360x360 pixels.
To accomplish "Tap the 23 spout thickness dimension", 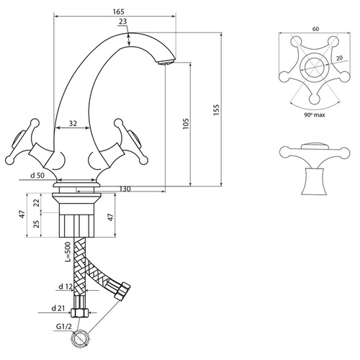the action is point(122,22).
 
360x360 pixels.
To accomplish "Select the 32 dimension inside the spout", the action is point(73,123).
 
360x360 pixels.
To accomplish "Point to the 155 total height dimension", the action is point(217,110).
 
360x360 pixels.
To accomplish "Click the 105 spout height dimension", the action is point(186,124).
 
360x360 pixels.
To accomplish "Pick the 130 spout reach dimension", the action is point(125,189).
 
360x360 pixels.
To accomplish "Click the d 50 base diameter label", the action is point(37,176).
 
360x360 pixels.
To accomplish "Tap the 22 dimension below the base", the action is point(37,203).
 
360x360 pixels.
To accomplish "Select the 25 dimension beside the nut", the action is point(37,224).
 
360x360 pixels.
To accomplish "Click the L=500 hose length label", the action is point(68,252).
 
